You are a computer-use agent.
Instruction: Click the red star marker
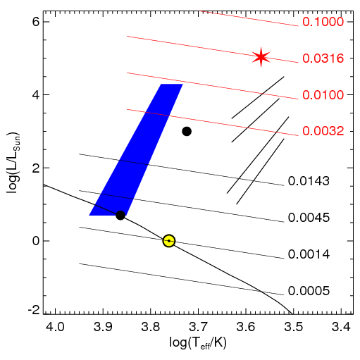click(x=261, y=57)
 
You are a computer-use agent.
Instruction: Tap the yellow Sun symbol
click(x=169, y=241)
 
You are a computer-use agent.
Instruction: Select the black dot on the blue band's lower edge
click(x=120, y=215)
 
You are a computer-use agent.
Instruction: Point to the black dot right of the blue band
click(x=187, y=131)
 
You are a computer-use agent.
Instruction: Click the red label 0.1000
click(x=323, y=22)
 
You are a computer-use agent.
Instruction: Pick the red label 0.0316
click(x=323, y=58)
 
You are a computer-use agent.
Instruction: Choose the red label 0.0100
click(x=323, y=95)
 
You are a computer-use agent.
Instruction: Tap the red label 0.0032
click(x=323, y=131)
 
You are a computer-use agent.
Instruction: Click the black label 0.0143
click(x=309, y=181)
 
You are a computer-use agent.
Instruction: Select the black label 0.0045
click(x=309, y=218)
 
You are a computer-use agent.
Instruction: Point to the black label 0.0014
click(x=309, y=254)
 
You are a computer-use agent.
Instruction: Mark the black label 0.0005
click(x=309, y=291)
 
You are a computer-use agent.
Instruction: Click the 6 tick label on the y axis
click(x=36, y=22)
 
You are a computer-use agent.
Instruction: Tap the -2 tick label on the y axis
click(x=34, y=311)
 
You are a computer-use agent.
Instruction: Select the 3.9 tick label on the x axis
click(x=104, y=327)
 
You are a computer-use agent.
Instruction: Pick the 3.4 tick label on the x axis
click(x=342, y=327)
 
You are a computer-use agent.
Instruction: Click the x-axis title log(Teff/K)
click(x=198, y=343)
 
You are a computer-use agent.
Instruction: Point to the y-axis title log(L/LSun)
click(x=13, y=163)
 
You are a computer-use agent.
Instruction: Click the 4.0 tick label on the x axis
click(x=56, y=327)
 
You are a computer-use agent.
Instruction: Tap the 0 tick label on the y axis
click(x=36, y=241)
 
